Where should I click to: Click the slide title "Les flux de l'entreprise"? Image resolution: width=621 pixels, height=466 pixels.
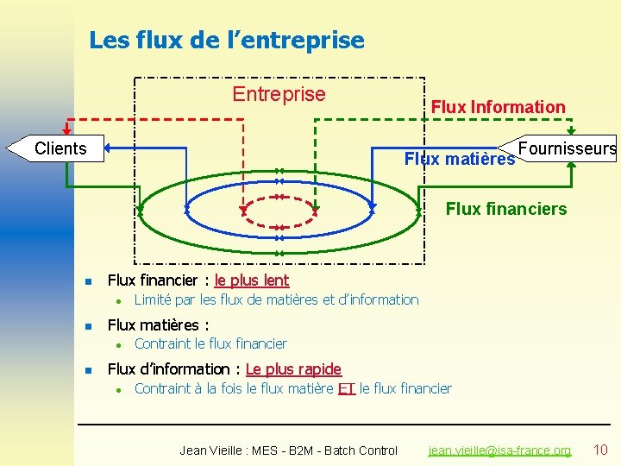[227, 41]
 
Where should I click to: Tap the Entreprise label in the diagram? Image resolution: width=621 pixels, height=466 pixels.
[279, 94]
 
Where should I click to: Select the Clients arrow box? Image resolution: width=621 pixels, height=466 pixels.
[57, 148]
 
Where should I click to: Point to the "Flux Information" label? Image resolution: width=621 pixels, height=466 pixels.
[498, 107]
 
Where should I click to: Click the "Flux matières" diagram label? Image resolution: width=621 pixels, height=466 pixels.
[459, 159]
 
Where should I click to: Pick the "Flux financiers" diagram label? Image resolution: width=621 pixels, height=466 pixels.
[506, 209]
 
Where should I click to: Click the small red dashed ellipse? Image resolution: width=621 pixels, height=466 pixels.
[279, 208]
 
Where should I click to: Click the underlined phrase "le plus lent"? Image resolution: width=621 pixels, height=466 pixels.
[252, 280]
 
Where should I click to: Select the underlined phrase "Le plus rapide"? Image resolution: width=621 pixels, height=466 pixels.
[293, 369]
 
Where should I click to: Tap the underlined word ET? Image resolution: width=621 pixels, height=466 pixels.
[347, 388]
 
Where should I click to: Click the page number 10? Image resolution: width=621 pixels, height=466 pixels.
[600, 450]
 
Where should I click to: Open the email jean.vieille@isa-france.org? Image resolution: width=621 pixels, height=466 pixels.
[500, 450]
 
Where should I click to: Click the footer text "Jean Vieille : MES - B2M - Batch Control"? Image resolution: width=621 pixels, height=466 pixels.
[288, 450]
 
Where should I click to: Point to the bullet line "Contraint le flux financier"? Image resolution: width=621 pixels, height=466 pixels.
[210, 343]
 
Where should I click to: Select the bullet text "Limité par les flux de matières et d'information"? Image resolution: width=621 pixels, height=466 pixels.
[276, 299]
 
